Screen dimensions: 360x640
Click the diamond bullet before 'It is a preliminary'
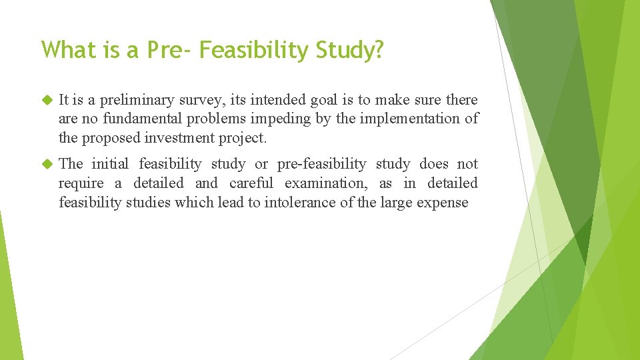(x=46, y=100)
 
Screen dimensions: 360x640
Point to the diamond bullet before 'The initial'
(x=46, y=164)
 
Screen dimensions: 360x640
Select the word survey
(x=193, y=100)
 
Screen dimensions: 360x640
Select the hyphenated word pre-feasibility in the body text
(x=322, y=164)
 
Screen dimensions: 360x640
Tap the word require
(x=81, y=183)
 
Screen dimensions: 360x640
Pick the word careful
(x=251, y=183)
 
